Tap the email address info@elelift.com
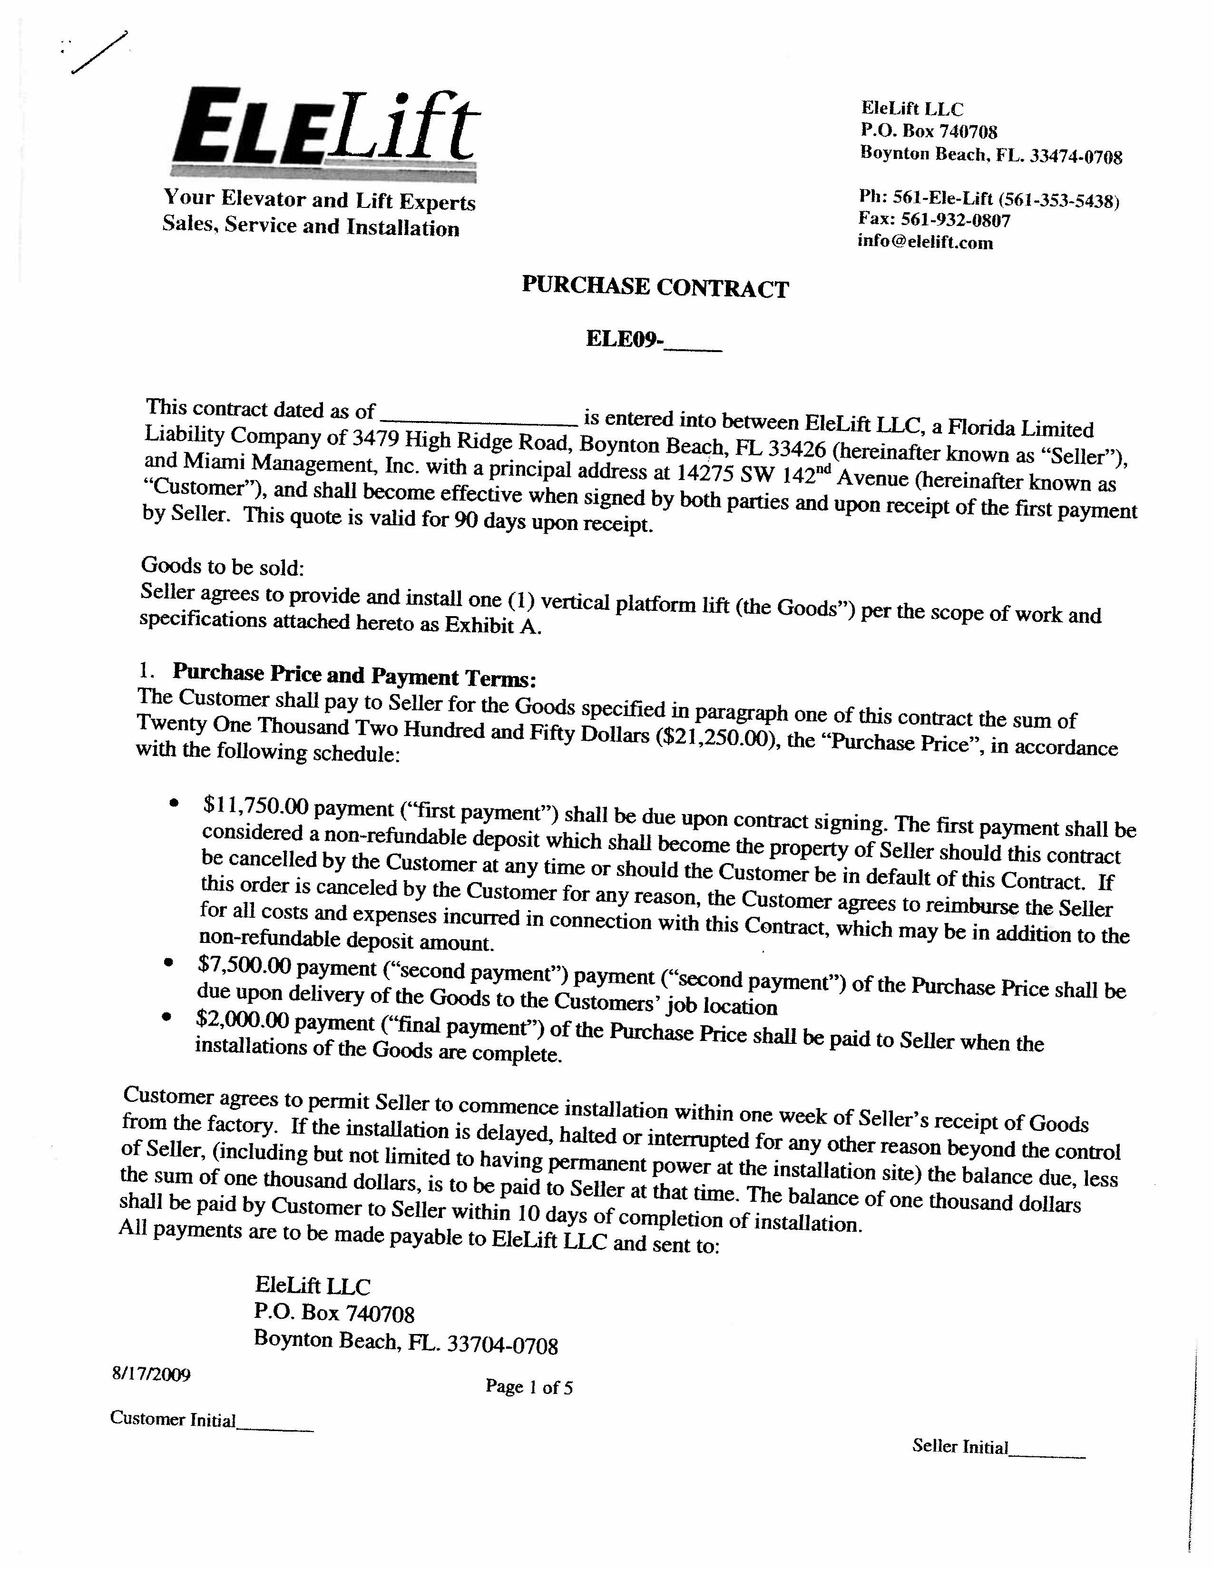coord(925,242)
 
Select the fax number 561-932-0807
coord(955,220)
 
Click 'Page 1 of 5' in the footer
coord(529,1387)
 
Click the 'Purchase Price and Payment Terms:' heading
coord(354,675)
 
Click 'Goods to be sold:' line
coord(223,567)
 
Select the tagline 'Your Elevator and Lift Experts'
coord(319,200)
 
